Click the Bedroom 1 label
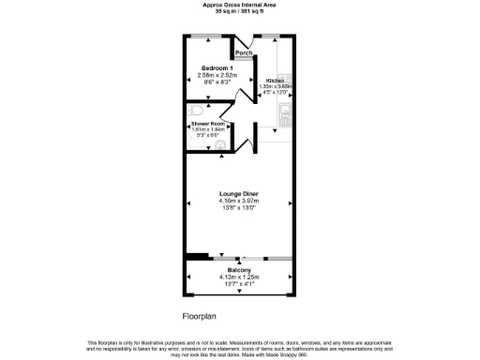point(217,67)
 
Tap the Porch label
point(244,53)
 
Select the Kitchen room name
point(275,81)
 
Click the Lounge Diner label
point(239,193)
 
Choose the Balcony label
point(238,270)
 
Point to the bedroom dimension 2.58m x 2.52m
point(217,74)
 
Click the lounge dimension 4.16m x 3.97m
point(239,200)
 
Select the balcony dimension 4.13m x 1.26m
point(238,277)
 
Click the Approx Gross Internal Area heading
point(239,5)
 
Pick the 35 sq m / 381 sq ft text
point(239,12)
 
